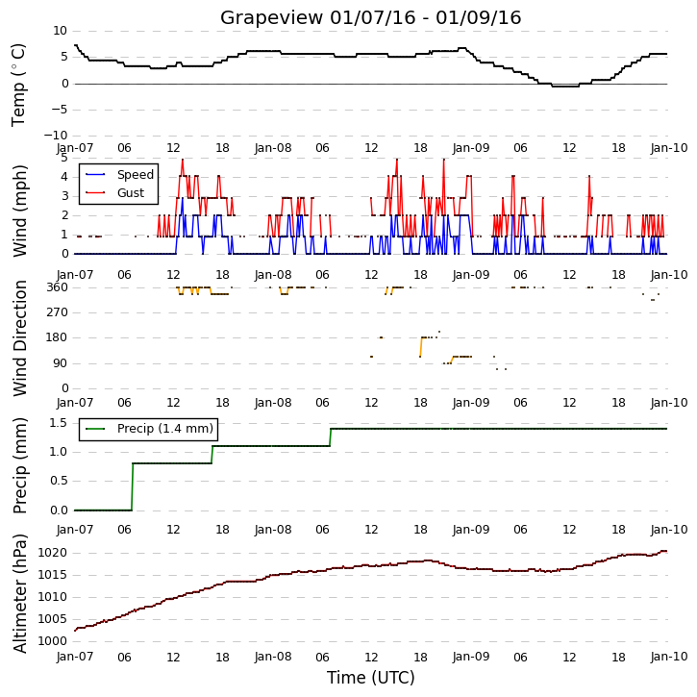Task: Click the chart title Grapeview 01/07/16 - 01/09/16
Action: click(370, 17)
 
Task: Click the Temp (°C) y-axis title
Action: click(18, 85)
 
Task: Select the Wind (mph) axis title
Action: click(19, 212)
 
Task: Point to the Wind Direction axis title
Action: click(19, 338)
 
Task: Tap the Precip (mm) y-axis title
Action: click(19, 466)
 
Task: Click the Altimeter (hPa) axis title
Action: click(19, 593)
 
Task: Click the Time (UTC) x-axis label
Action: click(371, 678)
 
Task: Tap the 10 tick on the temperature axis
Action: click(60, 31)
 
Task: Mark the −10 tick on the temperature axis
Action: click(56, 136)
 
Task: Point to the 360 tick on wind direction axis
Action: click(58, 287)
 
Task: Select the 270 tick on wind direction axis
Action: click(58, 312)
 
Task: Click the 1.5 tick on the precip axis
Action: click(59, 423)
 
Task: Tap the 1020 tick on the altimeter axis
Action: click(53, 553)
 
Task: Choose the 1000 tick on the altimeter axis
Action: click(53, 641)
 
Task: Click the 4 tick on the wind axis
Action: click(65, 177)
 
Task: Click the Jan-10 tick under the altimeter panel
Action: click(669, 657)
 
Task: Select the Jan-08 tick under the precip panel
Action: click(273, 530)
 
